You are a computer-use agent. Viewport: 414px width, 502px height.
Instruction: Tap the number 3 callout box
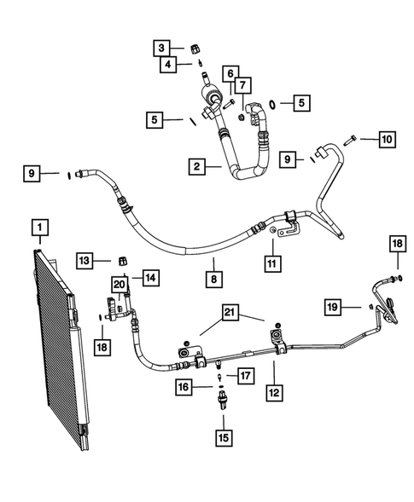pyautogui.click(x=162, y=47)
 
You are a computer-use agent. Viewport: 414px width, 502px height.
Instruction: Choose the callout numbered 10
pyautogui.click(x=387, y=138)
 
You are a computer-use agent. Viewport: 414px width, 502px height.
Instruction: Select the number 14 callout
pyautogui.click(x=150, y=277)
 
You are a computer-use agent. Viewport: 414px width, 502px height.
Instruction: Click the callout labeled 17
pyautogui.click(x=245, y=374)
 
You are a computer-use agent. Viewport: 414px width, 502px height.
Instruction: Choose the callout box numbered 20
pyautogui.click(x=119, y=283)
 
